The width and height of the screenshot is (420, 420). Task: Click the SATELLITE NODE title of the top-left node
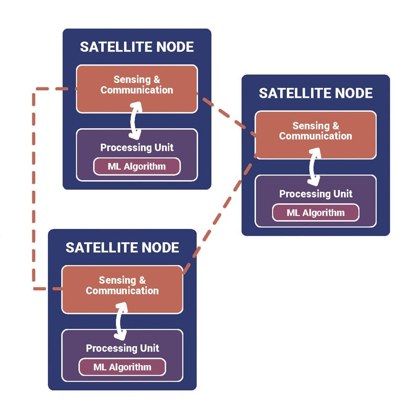(x=136, y=47)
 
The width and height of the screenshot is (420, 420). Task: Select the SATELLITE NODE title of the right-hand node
(x=315, y=93)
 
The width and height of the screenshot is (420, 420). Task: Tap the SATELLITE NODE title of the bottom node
(x=122, y=247)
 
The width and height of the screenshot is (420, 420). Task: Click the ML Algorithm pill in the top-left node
(x=136, y=166)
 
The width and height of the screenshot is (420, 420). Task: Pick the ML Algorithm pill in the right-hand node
(x=315, y=213)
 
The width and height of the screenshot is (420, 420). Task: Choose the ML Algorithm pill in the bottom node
(x=122, y=367)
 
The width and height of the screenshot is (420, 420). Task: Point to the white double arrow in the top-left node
(x=135, y=121)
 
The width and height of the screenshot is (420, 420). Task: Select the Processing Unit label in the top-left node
(x=136, y=148)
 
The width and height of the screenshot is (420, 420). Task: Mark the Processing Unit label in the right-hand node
(x=315, y=194)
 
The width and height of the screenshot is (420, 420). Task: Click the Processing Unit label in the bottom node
(x=122, y=348)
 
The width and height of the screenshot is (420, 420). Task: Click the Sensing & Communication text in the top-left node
(x=136, y=85)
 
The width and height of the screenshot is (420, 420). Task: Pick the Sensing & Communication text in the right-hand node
(x=315, y=131)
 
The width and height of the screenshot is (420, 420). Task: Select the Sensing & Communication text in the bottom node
(x=122, y=286)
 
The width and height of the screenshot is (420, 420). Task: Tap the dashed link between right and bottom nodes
(x=220, y=214)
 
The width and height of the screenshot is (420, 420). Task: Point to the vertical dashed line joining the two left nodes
(x=34, y=189)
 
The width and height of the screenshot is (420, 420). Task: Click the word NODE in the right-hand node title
(x=352, y=93)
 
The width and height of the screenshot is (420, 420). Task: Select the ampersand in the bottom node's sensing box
(x=142, y=280)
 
